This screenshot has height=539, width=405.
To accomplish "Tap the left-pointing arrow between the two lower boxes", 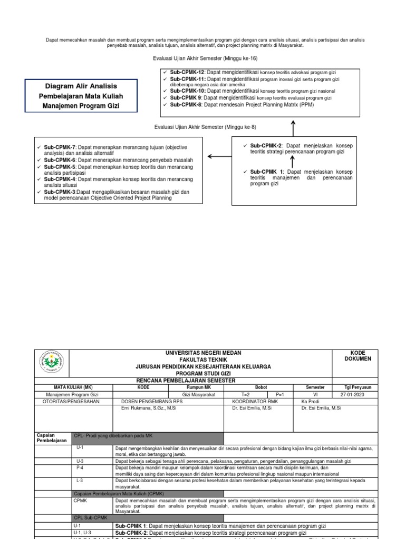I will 219,156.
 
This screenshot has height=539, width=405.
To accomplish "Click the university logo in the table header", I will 52,363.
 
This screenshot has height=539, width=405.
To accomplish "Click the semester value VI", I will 315,394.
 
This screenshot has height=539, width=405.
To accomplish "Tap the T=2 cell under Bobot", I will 245,394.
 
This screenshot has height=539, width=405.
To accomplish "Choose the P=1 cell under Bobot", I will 283,394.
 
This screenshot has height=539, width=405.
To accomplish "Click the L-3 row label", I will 79,480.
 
